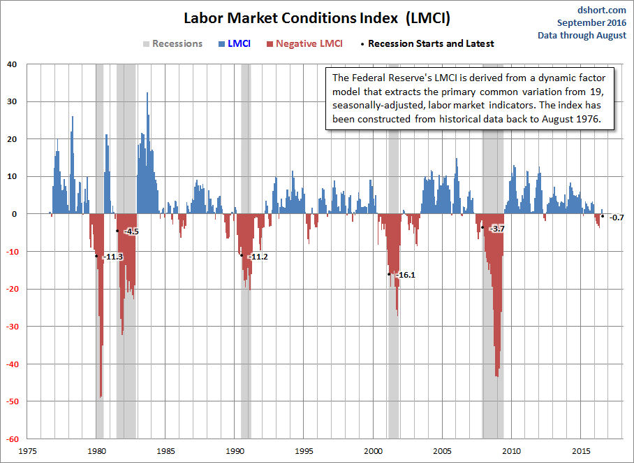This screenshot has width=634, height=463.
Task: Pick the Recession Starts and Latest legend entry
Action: tap(430, 43)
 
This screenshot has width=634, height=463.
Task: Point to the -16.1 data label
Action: tap(405, 275)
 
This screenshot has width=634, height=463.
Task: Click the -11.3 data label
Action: tap(112, 257)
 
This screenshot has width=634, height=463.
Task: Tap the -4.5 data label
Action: tap(131, 231)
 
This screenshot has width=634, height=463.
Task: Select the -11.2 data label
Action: tap(258, 257)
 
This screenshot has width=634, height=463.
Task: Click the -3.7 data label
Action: tap(496, 229)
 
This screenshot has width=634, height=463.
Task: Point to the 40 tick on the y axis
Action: tap(12, 64)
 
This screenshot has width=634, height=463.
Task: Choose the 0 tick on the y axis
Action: tap(14, 214)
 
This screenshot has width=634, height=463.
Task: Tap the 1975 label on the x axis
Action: tap(27, 451)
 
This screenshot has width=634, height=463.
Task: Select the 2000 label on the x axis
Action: tap(374, 451)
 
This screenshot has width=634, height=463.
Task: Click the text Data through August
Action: tap(582, 35)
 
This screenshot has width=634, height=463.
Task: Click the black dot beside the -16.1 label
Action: tap(389, 274)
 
